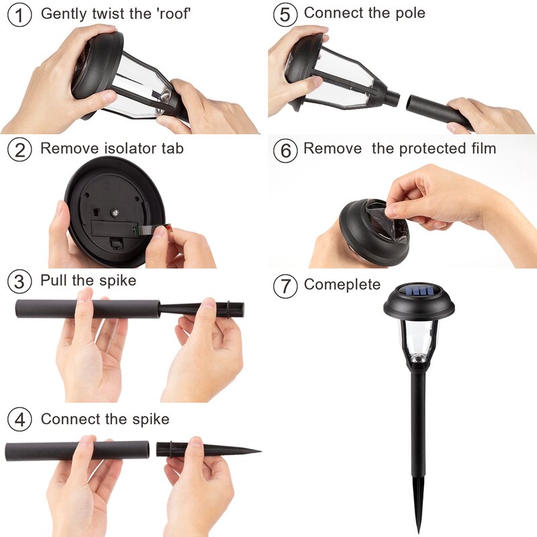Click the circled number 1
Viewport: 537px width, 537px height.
[19, 15]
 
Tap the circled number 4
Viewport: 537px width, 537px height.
[19, 419]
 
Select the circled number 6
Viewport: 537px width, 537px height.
[285, 150]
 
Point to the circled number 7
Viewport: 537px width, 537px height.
[285, 286]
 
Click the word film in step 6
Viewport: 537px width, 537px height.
[483, 148]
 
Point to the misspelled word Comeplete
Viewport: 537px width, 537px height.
[342, 285]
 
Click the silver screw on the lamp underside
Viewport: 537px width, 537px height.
[115, 213]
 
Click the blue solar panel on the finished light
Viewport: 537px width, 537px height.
[418, 291]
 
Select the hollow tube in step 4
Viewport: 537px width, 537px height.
[77, 451]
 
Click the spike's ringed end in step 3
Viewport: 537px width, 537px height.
[235, 309]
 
